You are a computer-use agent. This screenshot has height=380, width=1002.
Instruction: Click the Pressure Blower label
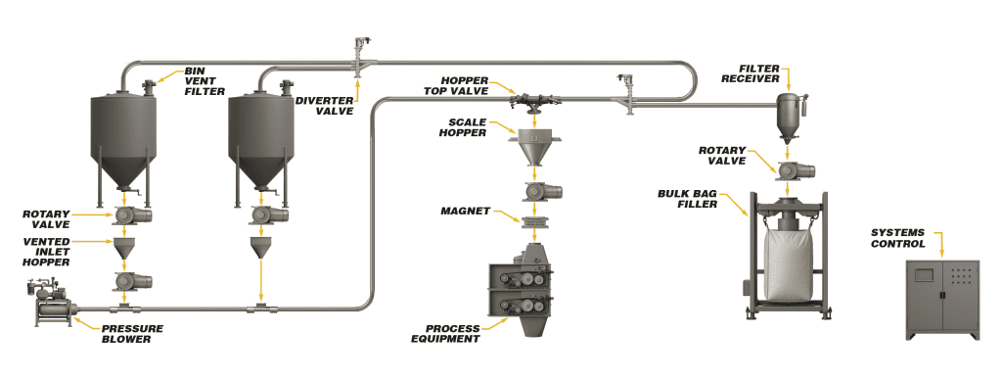132,333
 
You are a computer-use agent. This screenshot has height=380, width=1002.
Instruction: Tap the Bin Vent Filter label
205,81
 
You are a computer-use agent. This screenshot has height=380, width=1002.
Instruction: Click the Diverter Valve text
324,106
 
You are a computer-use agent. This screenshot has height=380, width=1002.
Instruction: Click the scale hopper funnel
535,148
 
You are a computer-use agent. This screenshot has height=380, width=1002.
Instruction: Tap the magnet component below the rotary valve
535,222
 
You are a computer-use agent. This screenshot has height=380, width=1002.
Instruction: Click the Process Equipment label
445,333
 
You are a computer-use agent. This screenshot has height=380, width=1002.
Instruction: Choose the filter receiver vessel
788,117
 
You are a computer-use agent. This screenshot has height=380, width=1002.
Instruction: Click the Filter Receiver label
759,73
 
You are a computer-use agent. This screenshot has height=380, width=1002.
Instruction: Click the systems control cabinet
942,300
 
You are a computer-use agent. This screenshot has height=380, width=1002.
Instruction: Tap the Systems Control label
898,237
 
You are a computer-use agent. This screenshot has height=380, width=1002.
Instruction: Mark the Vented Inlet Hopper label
46,252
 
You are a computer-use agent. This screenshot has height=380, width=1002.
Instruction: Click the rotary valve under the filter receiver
795,170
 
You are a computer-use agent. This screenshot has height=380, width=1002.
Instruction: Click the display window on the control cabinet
924,275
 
